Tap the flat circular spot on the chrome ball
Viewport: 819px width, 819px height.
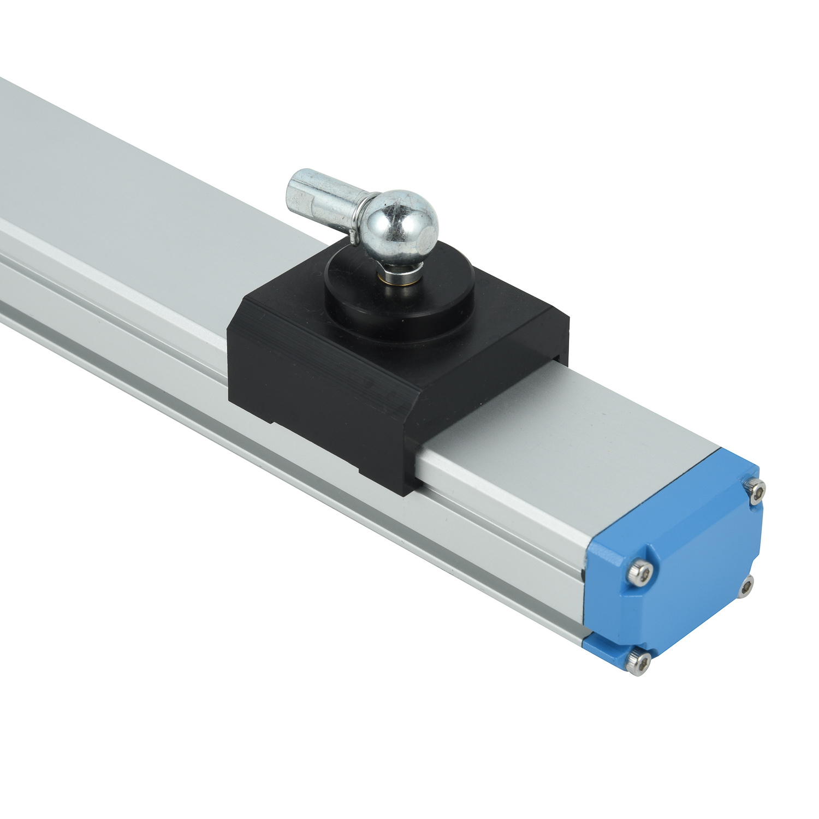click(x=428, y=236)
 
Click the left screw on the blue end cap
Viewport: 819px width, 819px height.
click(x=639, y=574)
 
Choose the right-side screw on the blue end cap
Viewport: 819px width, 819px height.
click(x=746, y=586)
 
